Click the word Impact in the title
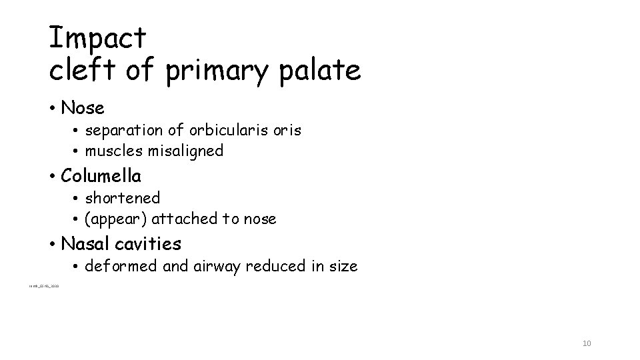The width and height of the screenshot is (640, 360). [97, 38]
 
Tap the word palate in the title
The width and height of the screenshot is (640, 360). [323, 70]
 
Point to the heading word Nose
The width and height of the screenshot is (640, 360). [82, 107]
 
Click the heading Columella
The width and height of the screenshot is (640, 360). [101, 176]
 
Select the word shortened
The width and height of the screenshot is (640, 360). [123, 198]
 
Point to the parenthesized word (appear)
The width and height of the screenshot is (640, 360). [112, 219]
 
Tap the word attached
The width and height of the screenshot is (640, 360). [177, 219]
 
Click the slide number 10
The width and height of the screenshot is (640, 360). [587, 343]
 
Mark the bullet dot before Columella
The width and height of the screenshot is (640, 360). [52, 177]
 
